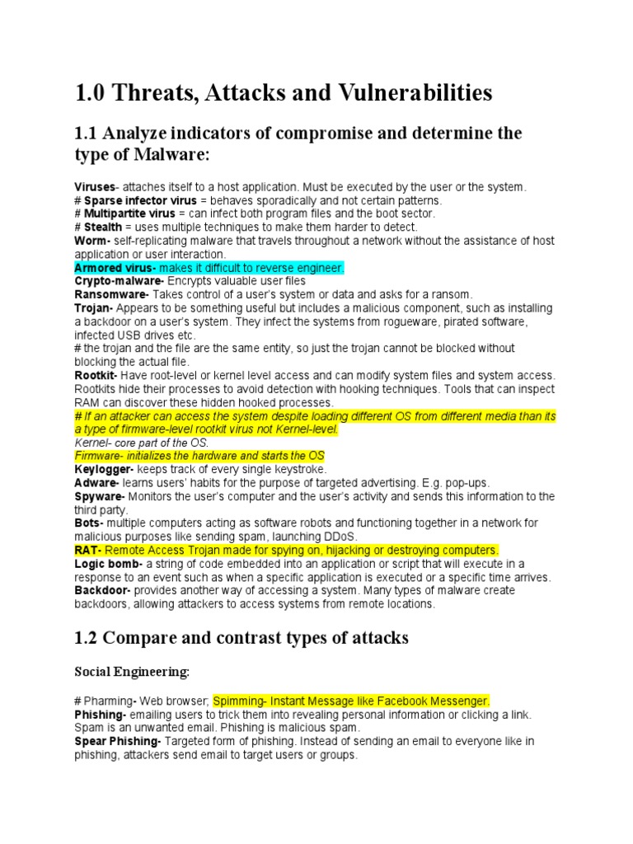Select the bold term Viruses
click(x=95, y=187)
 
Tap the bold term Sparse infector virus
click(x=140, y=200)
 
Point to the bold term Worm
click(x=89, y=241)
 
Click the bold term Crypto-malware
click(x=112, y=281)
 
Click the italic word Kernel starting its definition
click(x=91, y=443)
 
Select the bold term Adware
click(x=96, y=482)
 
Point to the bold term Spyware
click(x=99, y=496)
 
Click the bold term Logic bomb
click(x=107, y=563)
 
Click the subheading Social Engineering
click(x=132, y=673)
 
